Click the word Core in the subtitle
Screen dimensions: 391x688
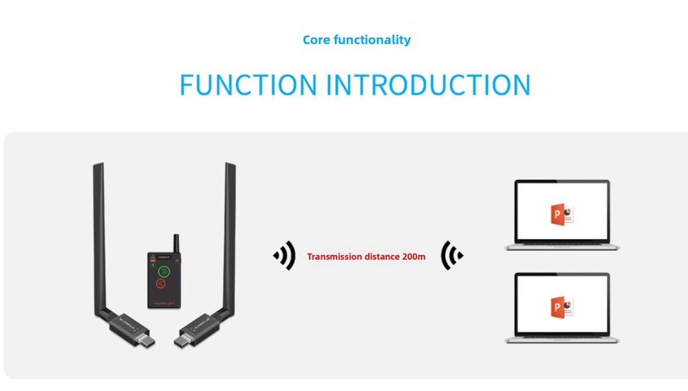point(316,40)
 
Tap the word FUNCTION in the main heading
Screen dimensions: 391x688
point(248,85)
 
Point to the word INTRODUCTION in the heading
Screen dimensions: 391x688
point(428,85)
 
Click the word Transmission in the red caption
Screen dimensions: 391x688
point(334,257)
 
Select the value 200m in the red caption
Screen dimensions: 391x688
point(412,257)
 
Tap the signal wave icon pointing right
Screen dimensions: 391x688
point(285,256)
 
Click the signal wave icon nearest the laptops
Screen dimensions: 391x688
point(451,256)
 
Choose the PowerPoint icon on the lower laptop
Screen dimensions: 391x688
point(561,306)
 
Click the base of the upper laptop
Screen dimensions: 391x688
point(562,246)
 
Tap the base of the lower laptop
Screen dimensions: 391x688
point(562,339)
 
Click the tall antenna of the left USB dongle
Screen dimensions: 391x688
point(99,234)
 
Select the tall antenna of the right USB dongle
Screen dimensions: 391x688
point(230,234)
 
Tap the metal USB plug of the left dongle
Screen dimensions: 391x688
point(147,341)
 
